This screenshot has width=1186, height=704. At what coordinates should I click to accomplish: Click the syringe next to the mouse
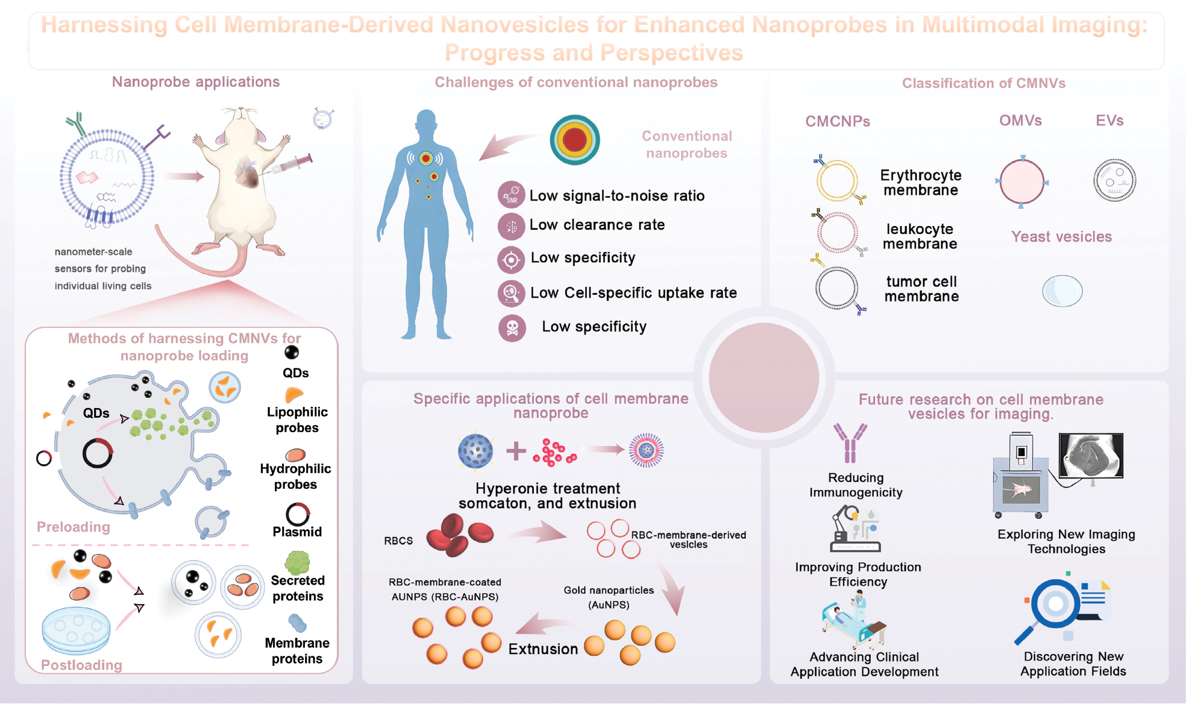(292, 163)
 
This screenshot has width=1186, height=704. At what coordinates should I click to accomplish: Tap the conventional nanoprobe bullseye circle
(574, 140)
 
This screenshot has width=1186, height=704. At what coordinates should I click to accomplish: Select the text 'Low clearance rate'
(597, 225)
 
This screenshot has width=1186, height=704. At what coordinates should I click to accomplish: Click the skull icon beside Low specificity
(512, 328)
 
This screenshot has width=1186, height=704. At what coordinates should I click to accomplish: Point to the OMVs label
(1020, 121)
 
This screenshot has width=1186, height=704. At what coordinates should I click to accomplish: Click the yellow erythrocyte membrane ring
(837, 180)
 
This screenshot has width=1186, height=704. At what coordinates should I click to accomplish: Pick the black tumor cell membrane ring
(836, 288)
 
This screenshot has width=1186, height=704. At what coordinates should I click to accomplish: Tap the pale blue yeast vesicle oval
(1062, 291)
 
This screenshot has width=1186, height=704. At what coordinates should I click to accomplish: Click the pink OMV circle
(1021, 181)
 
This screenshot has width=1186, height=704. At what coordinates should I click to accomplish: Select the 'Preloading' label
(74, 527)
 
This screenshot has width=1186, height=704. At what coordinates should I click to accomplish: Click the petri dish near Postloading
(76, 630)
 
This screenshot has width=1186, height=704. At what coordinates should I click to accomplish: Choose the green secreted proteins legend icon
(297, 562)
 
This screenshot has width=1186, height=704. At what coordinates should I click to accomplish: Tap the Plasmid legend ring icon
(297, 514)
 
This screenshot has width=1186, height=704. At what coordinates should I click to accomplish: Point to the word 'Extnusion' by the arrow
(542, 649)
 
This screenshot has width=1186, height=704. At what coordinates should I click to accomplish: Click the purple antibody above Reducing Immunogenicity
(850, 443)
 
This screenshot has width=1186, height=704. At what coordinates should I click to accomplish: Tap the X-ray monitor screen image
(1091, 456)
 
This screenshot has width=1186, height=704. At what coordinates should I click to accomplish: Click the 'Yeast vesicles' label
(1061, 237)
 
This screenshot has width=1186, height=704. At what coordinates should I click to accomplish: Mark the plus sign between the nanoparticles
(516, 451)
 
